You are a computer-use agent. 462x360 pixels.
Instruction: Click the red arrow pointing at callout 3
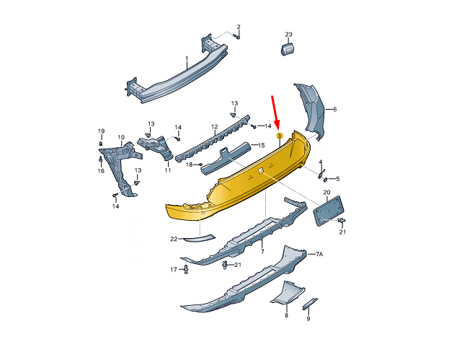point(275,113)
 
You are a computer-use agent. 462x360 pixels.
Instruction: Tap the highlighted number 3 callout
point(279,136)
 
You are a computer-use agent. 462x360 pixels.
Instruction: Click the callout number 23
point(288,34)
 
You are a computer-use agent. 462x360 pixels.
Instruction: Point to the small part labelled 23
point(288,48)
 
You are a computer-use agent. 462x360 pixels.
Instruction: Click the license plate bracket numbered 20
point(328,211)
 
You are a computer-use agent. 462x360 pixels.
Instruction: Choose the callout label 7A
point(319,254)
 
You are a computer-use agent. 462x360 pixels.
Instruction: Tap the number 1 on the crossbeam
point(187,59)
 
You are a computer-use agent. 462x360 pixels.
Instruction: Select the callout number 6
point(334,110)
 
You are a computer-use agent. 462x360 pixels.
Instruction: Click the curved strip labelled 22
point(200,237)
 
